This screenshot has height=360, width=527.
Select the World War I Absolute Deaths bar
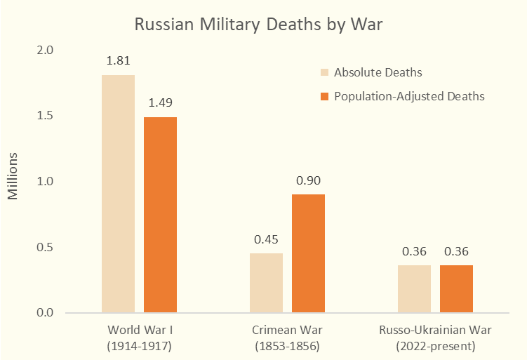click(x=118, y=194)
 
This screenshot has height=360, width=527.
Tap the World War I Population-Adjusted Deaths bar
click(x=160, y=215)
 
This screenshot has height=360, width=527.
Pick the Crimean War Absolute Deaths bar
click(x=266, y=283)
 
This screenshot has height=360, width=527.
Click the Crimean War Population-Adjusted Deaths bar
click(x=308, y=253)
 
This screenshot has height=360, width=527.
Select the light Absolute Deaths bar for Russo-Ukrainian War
click(x=414, y=288)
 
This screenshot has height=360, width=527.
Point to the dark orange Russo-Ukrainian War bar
click(x=456, y=288)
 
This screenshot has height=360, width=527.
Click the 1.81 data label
click(x=118, y=61)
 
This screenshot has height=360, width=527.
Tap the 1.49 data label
click(x=160, y=103)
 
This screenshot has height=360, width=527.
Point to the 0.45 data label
click(x=266, y=239)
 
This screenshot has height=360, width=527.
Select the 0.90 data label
click(x=308, y=180)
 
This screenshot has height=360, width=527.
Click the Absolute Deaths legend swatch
click(x=324, y=72)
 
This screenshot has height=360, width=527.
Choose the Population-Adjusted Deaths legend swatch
click(x=324, y=96)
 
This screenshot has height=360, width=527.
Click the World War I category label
click(x=139, y=338)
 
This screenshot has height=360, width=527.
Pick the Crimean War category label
click(x=286, y=338)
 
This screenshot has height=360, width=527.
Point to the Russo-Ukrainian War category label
click(x=435, y=338)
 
